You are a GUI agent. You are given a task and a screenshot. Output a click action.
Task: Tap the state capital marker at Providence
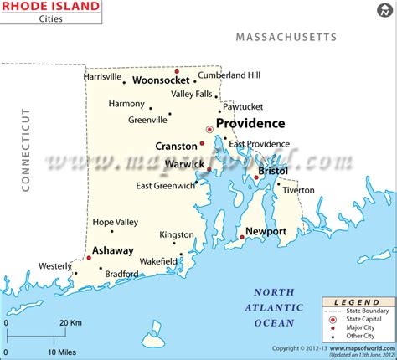[209, 129]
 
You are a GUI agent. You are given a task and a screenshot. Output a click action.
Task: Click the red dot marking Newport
[242, 238]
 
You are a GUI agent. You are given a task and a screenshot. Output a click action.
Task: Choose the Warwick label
[184, 164]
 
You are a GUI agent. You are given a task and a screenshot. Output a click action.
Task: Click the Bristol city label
[273, 170]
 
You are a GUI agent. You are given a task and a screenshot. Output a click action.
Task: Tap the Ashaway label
[112, 250]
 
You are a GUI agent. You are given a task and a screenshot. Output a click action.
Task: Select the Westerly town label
[55, 266]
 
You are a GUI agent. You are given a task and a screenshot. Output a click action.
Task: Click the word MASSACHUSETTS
[285, 37]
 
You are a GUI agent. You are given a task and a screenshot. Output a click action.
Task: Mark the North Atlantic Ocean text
[276, 307]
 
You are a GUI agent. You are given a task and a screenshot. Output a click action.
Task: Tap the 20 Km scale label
[70, 321]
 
